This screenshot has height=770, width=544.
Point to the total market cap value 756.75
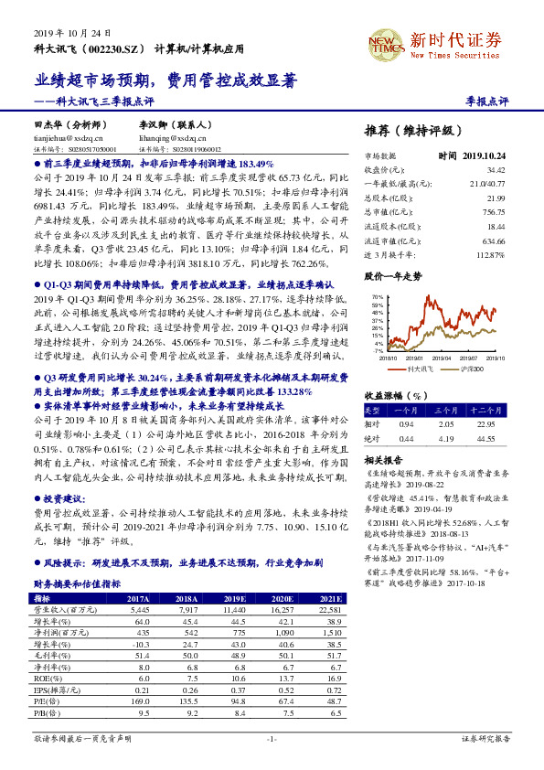495,211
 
